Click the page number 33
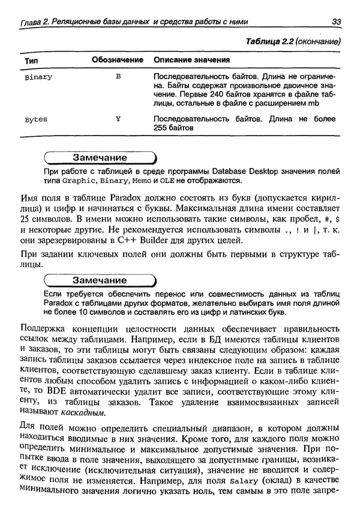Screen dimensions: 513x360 tap(337, 23)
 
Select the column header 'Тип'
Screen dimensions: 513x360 tap(32, 61)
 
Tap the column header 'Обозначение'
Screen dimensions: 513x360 tap(118, 61)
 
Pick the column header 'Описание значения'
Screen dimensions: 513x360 tap(192, 61)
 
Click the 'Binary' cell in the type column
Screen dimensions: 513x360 tap(39, 77)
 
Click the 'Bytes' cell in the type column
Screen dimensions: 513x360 tap(36, 119)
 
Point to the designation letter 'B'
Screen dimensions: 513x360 tap(118, 77)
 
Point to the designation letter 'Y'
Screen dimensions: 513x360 tap(118, 119)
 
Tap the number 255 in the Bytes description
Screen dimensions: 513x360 tap(161, 128)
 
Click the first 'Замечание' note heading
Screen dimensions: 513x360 tap(100, 158)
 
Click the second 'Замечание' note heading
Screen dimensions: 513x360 tap(100, 280)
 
